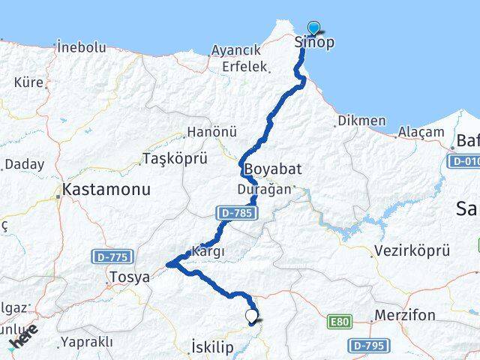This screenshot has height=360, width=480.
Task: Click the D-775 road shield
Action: [110, 256]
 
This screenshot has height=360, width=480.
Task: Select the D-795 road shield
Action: [368, 346]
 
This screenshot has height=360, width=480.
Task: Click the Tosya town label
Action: [129, 277]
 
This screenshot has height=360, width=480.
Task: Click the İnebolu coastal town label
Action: [81, 47]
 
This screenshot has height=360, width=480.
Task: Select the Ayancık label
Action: [235, 50]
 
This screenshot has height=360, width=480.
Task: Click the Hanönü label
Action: [211, 132]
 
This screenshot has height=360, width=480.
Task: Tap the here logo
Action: [23, 337]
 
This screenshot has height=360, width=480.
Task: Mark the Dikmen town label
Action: [361, 121]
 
